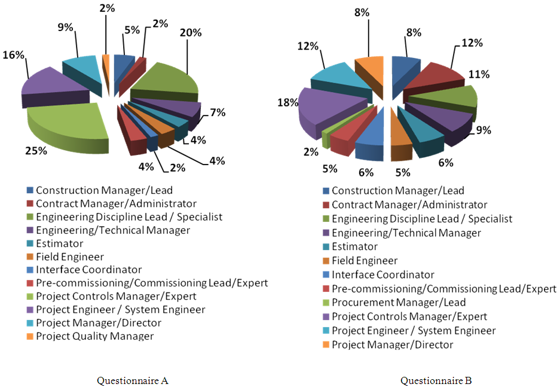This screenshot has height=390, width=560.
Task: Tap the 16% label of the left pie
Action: pyautogui.click(x=13, y=55)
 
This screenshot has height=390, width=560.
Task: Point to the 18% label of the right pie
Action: pyautogui.click(x=288, y=103)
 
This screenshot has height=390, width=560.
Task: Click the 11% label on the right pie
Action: pyautogui.click(x=480, y=74)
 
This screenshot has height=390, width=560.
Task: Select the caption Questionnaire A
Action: pyautogui.click(x=132, y=380)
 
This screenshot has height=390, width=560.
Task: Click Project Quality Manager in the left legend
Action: pyautogui.click(x=94, y=336)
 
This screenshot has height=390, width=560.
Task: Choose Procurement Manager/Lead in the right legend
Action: pyautogui.click(x=399, y=303)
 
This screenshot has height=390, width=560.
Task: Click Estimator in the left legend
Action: pyautogui.click(x=60, y=243)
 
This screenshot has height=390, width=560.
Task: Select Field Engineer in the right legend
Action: pyautogui.click(x=365, y=261)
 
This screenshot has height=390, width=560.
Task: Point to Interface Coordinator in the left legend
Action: pyautogui.click(x=88, y=270)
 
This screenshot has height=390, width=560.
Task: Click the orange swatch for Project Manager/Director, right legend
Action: pyautogui.click(x=326, y=345)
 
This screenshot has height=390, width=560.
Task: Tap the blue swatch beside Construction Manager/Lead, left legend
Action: pyautogui.click(x=30, y=191)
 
